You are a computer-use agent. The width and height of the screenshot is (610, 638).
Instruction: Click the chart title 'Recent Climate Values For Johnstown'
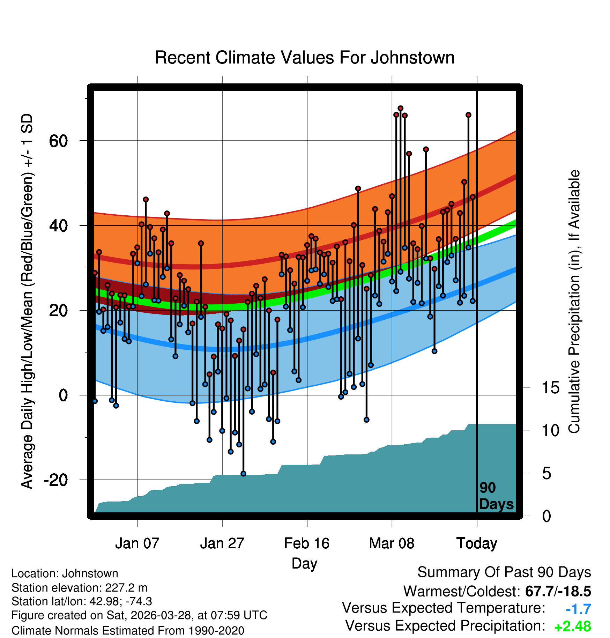point(305,58)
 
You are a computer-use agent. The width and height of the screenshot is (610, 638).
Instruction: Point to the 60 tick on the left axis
point(58,141)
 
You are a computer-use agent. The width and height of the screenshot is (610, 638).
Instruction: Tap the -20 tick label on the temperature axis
point(55,480)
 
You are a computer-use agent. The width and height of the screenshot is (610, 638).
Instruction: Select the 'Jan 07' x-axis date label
point(137,543)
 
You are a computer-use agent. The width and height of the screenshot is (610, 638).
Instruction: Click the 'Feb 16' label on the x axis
point(307,543)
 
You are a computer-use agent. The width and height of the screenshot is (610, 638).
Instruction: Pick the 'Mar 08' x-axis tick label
point(392,543)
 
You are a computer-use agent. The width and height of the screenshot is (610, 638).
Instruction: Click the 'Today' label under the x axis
point(477,544)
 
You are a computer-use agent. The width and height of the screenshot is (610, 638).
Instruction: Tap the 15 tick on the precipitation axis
point(550,388)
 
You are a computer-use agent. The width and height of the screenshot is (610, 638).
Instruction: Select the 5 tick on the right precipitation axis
point(546,474)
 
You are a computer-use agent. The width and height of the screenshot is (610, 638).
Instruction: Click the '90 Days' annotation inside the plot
point(496,496)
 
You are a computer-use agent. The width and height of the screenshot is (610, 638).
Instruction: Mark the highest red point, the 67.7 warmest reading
point(400,109)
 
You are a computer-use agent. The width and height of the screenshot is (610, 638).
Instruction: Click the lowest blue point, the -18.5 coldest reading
point(243,474)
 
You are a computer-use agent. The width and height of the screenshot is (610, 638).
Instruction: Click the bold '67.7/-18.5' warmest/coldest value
point(558,592)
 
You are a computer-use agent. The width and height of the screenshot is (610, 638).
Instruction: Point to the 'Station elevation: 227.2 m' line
point(80,588)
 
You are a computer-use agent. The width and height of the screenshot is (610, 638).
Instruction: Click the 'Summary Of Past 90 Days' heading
point(504,573)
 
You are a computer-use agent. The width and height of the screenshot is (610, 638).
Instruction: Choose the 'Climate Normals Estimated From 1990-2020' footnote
point(128,631)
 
